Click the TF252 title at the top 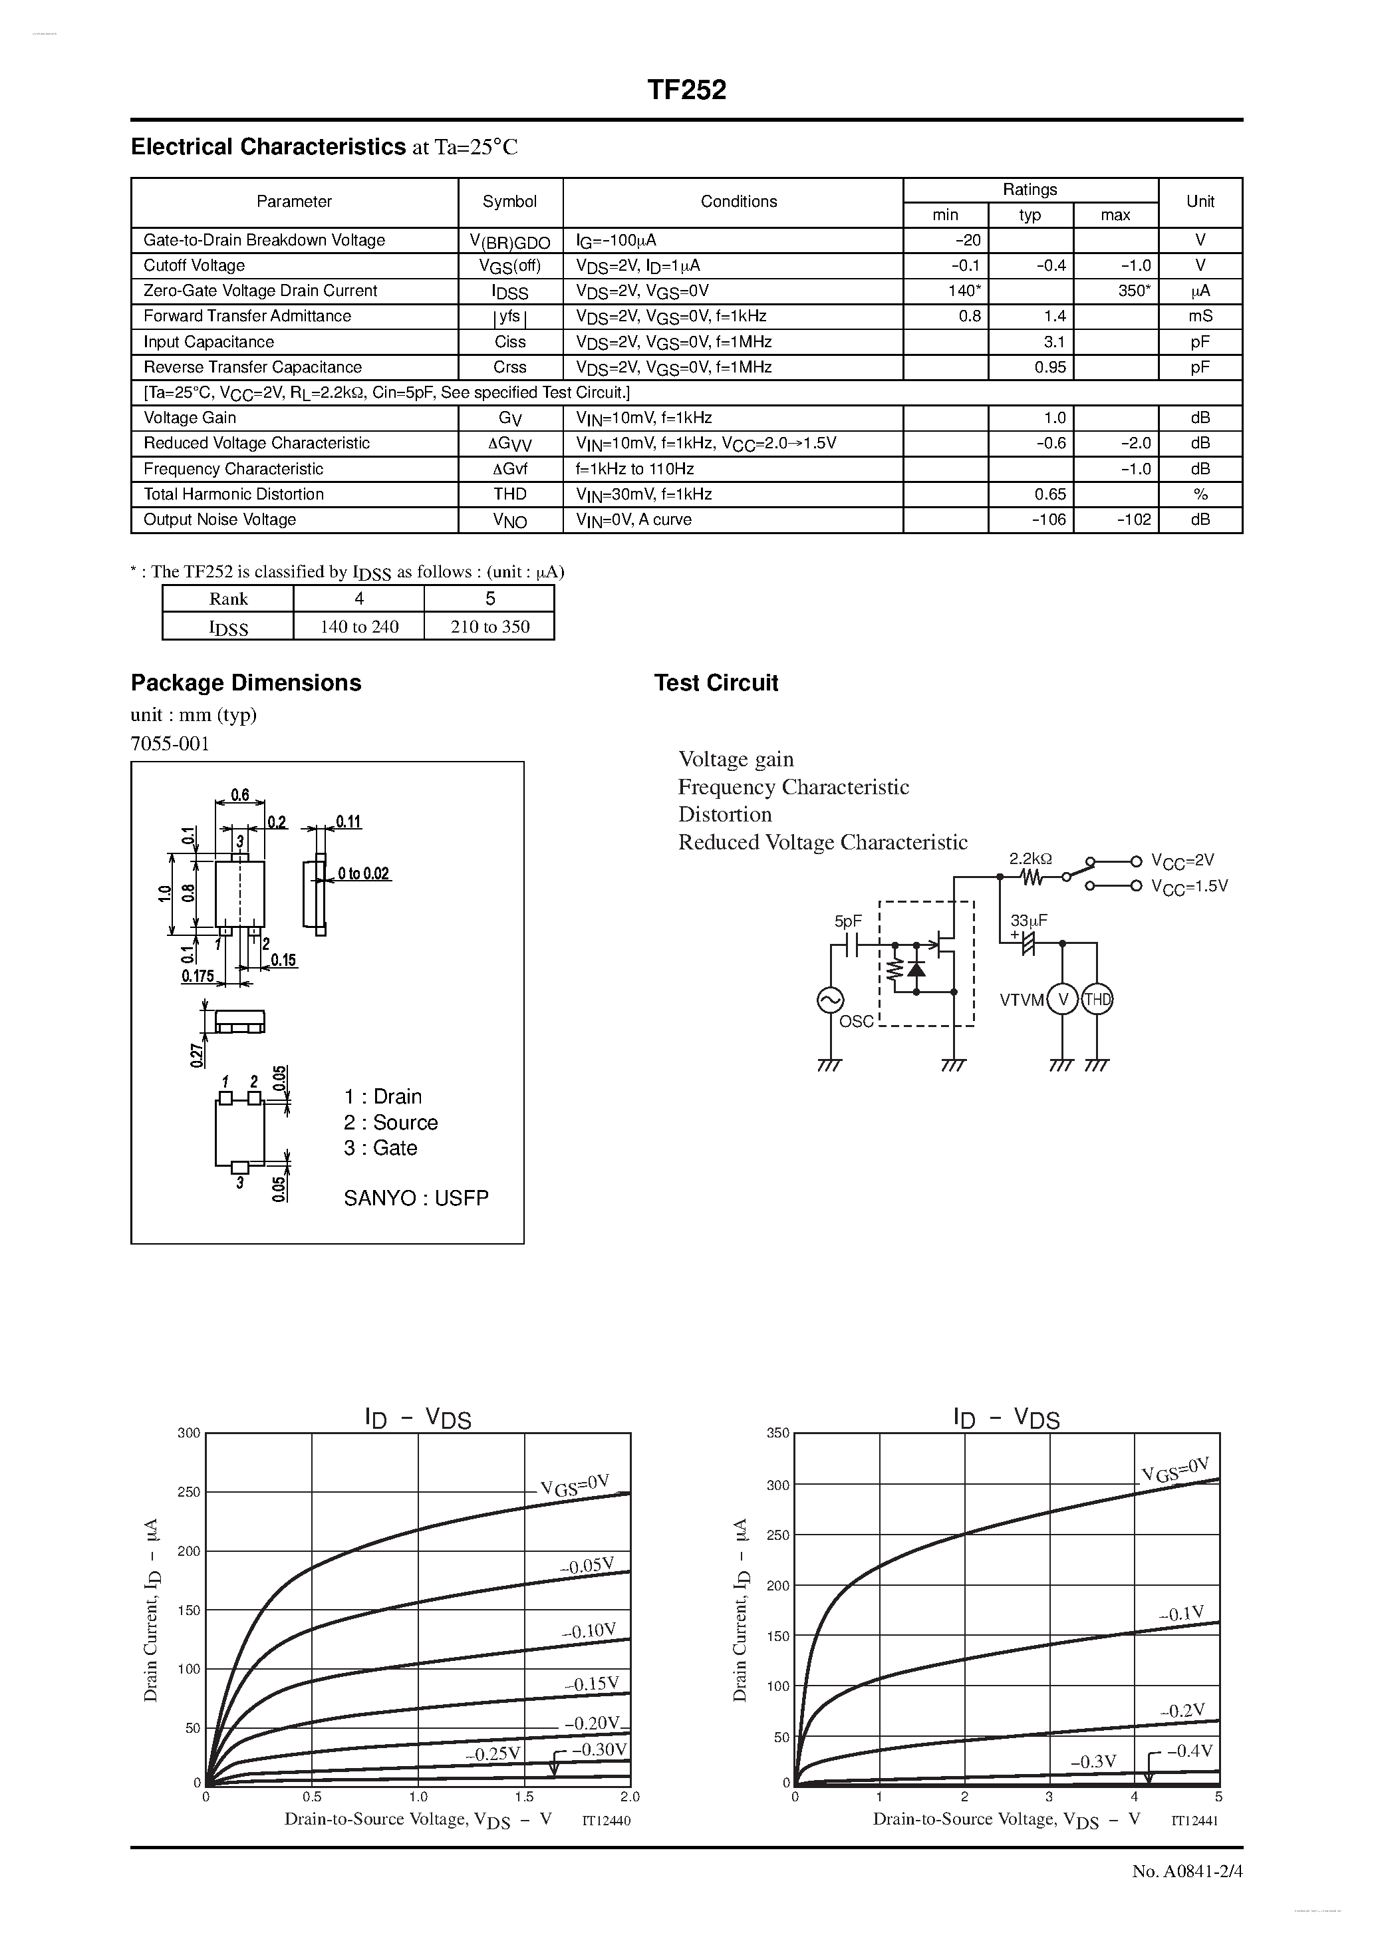(686, 90)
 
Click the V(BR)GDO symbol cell (510, 241)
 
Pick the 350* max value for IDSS (1133, 291)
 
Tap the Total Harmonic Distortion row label (234, 494)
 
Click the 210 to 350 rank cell (489, 626)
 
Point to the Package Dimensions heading (245, 682)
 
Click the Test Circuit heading (716, 682)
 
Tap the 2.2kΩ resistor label (1030, 858)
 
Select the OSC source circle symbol (829, 1000)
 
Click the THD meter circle (1097, 1000)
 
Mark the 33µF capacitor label (1030, 920)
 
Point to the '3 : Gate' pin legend (380, 1148)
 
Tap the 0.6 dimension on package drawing (239, 796)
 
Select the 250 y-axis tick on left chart (189, 1492)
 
